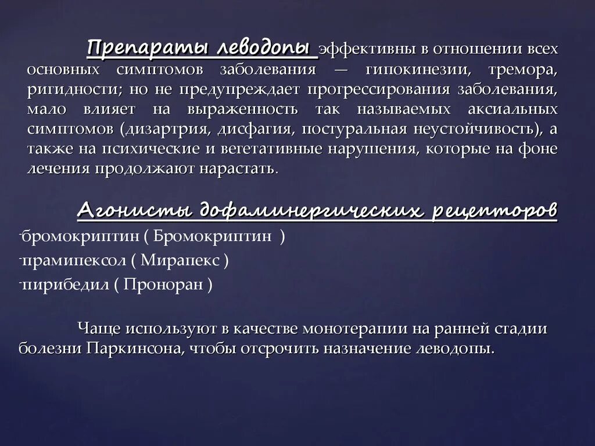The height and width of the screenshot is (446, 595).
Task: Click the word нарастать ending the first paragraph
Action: pos(239,168)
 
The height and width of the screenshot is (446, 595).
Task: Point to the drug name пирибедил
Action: pos(63,285)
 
